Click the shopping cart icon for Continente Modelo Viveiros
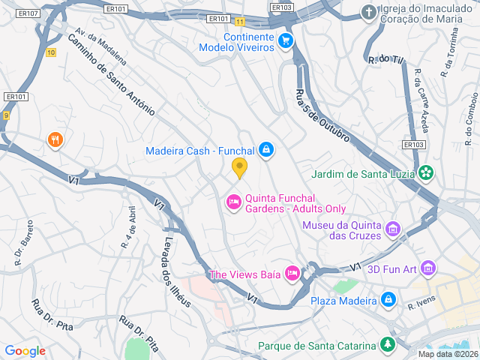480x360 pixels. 285,40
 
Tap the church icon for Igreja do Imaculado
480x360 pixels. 368,12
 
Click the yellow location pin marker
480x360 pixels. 239,168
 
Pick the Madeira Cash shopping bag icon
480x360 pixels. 265,151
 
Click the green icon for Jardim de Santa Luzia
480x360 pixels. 426,174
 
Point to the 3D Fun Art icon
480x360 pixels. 428,267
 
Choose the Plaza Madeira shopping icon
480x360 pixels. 388,301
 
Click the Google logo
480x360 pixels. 25,351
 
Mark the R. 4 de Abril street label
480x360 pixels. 129,227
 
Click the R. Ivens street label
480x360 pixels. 422,304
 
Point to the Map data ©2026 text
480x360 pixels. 447,354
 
